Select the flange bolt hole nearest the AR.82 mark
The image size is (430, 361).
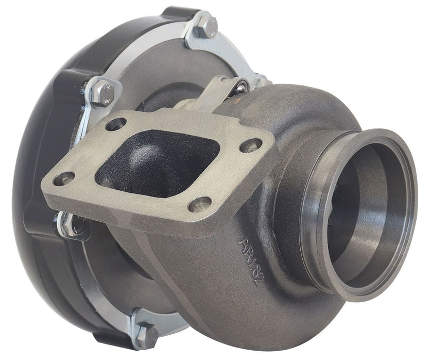200,204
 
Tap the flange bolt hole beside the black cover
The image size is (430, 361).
64,179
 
